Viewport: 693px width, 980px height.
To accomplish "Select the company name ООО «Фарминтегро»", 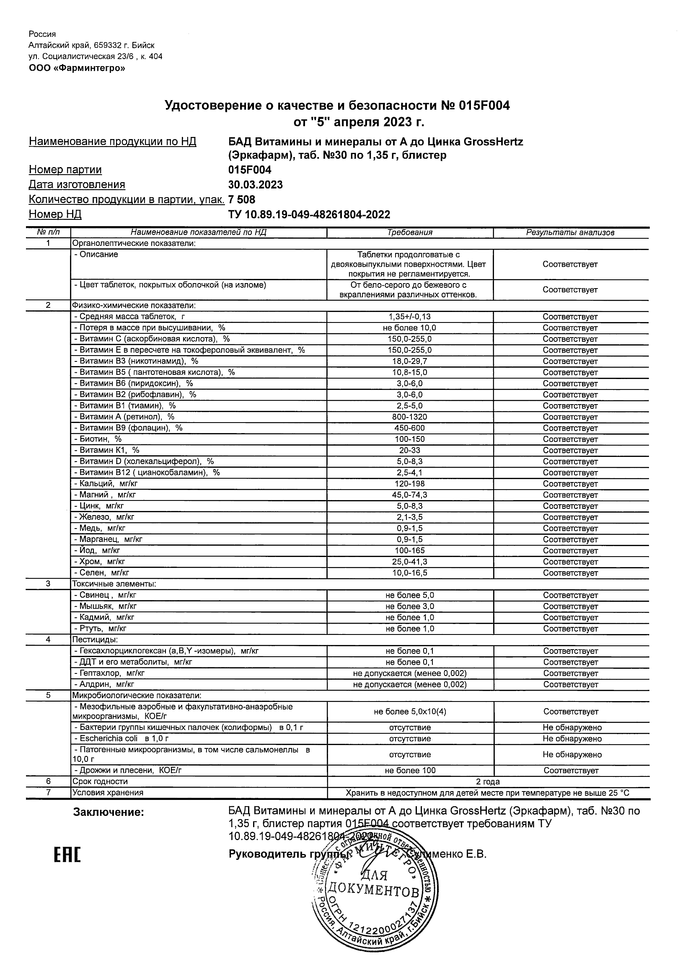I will (77, 68).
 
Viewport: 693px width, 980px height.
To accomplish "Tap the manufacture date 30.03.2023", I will (255, 185).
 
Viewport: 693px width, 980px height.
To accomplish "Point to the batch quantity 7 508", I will (242, 200).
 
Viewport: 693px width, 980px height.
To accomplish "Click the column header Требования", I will (409, 232).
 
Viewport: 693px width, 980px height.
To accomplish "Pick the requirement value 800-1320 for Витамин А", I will (409, 417).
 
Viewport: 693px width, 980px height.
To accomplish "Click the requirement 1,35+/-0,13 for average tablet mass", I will (409, 317).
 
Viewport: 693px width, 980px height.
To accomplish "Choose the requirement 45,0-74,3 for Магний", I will (409, 495).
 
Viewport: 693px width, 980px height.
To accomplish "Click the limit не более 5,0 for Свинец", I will (409, 596).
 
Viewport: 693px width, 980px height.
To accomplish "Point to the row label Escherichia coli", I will (109, 738).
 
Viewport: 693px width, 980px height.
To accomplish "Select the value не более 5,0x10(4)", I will (409, 712).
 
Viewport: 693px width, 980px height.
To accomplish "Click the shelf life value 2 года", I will (488, 781).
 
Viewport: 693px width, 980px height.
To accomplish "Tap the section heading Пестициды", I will (95, 640).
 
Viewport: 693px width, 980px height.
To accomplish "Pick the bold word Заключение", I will (109, 812).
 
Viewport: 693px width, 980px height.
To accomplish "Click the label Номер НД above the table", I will (55, 214).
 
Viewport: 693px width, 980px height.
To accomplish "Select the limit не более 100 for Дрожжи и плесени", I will (409, 771).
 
